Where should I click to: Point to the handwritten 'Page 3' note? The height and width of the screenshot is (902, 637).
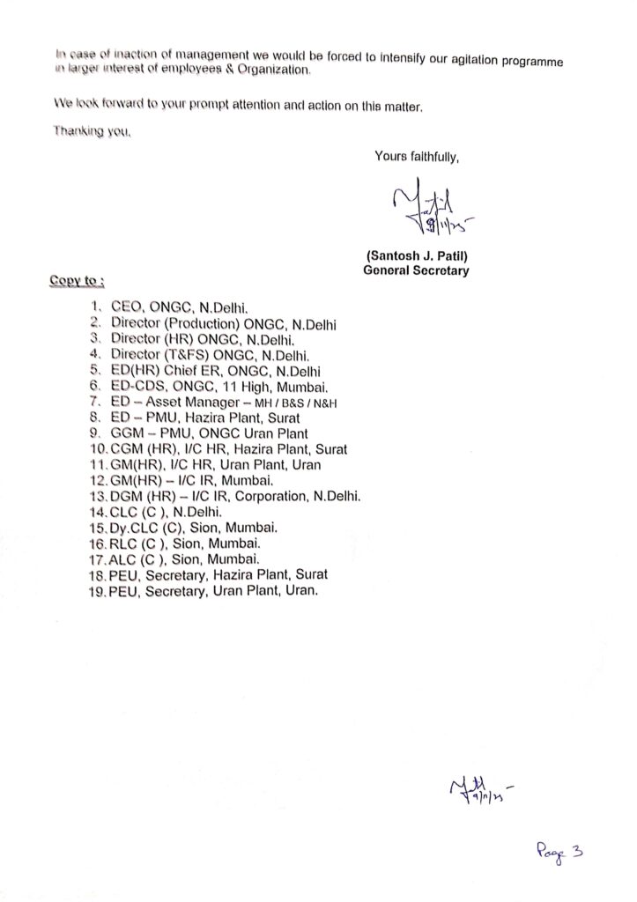click(x=559, y=851)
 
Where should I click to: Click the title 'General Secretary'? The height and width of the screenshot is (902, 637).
click(x=416, y=271)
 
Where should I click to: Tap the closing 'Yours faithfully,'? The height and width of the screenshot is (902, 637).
click(x=417, y=157)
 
